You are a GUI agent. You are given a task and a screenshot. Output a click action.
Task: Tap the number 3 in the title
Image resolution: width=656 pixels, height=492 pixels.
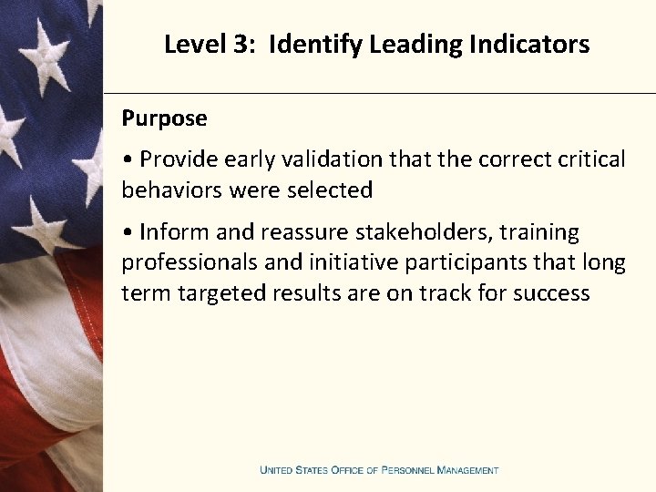tap(240, 44)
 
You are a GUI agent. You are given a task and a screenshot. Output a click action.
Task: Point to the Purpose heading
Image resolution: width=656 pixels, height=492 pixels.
tap(165, 118)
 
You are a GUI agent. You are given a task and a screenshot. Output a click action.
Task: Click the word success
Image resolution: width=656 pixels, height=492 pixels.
tap(551, 293)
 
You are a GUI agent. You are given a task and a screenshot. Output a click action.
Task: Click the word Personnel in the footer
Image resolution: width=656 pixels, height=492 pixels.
tap(407, 470)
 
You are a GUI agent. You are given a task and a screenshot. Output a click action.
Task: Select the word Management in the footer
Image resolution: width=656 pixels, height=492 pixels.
tap(468, 470)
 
